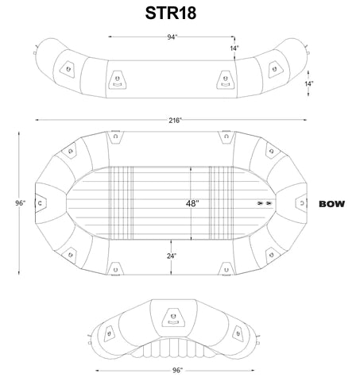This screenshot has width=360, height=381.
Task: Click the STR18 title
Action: click(x=171, y=13)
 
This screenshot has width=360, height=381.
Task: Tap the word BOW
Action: click(x=332, y=204)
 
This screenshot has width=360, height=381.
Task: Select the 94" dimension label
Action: click(x=172, y=37)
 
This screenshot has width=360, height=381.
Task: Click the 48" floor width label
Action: click(x=192, y=203)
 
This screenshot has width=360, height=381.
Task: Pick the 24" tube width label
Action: click(x=172, y=256)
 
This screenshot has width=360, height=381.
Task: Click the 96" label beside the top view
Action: click(x=21, y=203)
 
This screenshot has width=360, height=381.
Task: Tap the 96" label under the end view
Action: click(x=177, y=370)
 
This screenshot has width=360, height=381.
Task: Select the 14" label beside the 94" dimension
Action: click(x=234, y=48)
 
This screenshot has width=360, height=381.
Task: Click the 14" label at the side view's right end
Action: click(x=308, y=84)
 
